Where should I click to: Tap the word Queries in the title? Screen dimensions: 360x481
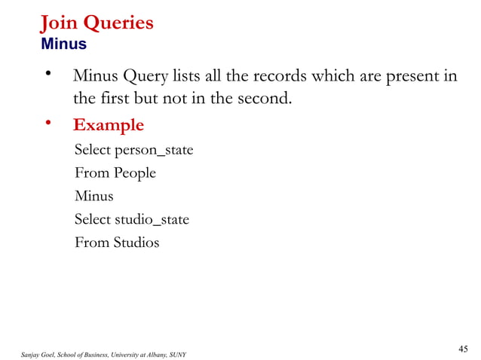(118, 23)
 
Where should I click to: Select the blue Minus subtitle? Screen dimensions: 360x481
(63, 44)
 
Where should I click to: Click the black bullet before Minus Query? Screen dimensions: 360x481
(49, 74)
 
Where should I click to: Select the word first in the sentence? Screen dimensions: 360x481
(117, 99)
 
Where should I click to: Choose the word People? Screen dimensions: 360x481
(135, 173)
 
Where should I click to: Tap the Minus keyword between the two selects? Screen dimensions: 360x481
(93, 196)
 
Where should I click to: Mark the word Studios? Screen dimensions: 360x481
(136, 243)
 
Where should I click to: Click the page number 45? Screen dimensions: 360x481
(463, 347)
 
